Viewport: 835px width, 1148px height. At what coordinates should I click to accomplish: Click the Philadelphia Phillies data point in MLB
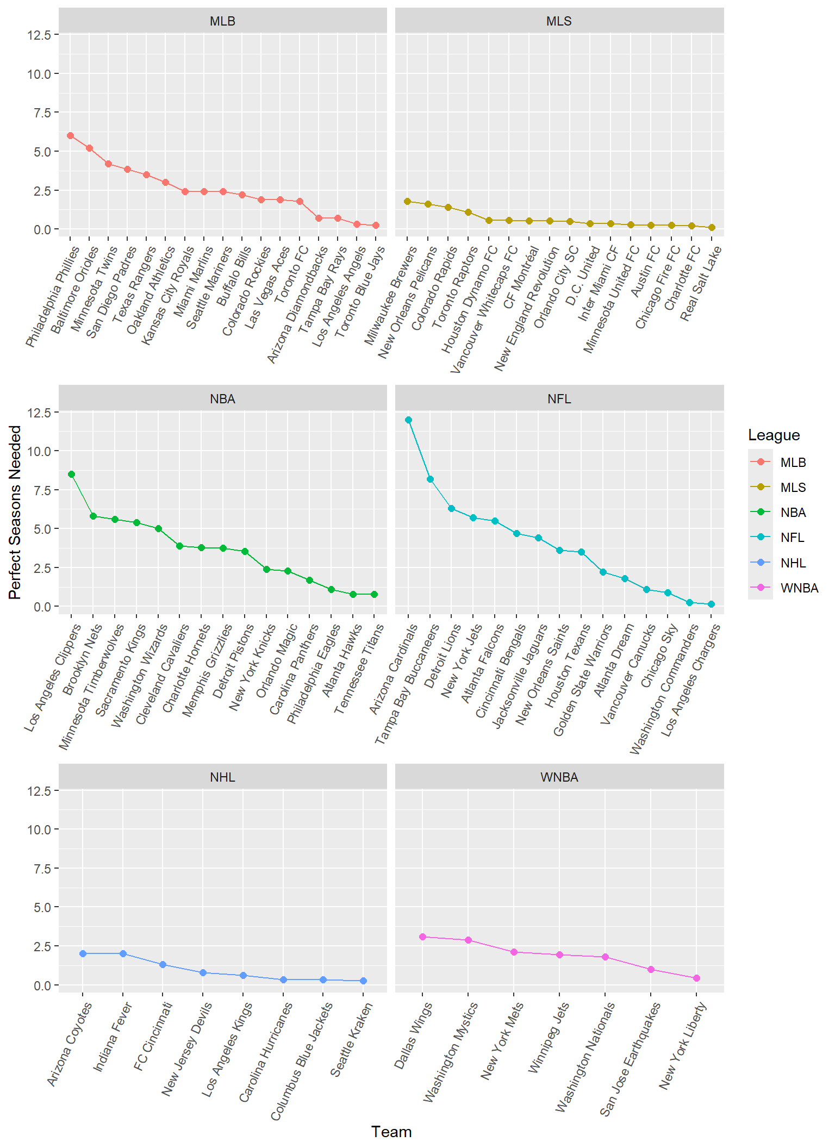(70, 136)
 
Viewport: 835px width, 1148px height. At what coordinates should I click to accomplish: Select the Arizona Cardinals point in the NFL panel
(408, 420)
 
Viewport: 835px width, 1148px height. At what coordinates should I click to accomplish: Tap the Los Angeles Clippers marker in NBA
(71, 475)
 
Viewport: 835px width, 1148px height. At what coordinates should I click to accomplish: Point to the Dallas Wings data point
(422, 937)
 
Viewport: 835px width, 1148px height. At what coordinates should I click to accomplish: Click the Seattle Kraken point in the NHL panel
(363, 981)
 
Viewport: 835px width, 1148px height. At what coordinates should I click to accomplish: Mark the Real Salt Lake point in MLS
(712, 228)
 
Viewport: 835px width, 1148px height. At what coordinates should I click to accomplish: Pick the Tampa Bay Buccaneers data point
(430, 479)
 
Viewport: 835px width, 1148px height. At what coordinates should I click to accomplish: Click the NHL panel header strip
(222, 777)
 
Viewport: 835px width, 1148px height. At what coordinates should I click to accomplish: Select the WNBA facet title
(559, 777)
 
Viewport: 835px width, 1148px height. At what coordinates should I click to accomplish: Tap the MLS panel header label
(559, 21)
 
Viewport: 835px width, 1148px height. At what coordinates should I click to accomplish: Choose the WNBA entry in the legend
(799, 588)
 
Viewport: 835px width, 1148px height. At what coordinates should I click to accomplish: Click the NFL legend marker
(761, 538)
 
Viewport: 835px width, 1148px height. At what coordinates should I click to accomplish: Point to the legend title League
(774, 435)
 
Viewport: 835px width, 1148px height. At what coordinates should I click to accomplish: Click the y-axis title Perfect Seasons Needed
(15, 512)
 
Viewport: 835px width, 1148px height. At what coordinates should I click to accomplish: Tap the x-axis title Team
(391, 1132)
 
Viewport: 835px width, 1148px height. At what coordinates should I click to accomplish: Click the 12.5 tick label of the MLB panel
(39, 35)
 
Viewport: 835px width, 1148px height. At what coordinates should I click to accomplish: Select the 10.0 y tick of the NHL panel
(39, 830)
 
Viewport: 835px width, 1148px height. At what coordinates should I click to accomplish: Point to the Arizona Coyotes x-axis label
(70, 1044)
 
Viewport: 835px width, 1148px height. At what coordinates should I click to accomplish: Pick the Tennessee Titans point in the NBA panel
(374, 595)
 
